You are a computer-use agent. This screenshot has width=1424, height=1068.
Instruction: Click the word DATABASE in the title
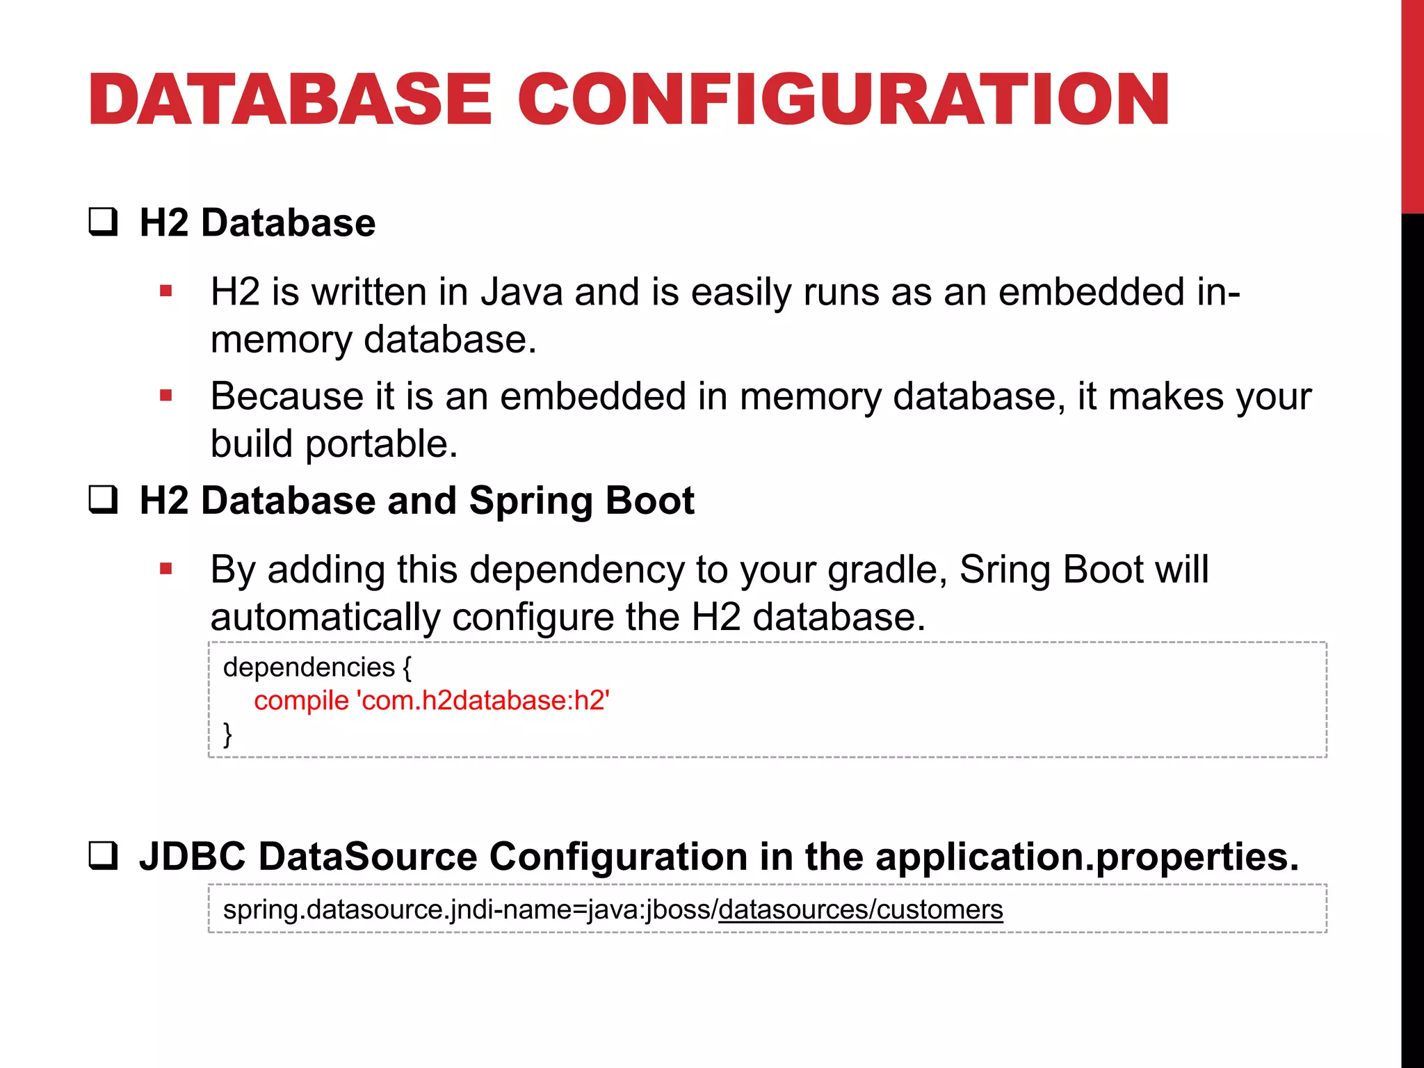pyautogui.click(x=290, y=100)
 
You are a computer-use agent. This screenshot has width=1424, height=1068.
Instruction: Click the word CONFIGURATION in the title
pyautogui.click(x=843, y=100)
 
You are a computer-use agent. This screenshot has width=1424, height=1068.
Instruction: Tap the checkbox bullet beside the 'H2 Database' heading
pyautogui.click(x=103, y=222)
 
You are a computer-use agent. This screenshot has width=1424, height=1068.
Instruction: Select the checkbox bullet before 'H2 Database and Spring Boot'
pyautogui.click(x=103, y=500)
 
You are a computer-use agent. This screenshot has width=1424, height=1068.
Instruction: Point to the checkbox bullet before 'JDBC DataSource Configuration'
pyautogui.click(x=103, y=856)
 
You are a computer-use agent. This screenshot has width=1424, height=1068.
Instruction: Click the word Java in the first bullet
pyautogui.click(x=521, y=291)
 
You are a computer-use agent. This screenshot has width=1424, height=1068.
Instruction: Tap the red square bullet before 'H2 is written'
pyautogui.click(x=165, y=291)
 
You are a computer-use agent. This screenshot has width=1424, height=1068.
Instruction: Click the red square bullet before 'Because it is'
pyautogui.click(x=165, y=396)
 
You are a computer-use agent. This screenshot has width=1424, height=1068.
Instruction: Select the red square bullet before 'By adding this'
pyautogui.click(x=165, y=569)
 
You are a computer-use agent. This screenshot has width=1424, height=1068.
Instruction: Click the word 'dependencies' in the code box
pyautogui.click(x=309, y=667)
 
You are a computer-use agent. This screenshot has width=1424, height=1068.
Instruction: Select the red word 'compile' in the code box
pyautogui.click(x=301, y=701)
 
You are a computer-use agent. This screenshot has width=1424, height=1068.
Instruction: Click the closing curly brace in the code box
pyautogui.click(x=227, y=734)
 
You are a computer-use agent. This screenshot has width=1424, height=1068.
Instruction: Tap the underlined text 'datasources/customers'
pyautogui.click(x=860, y=909)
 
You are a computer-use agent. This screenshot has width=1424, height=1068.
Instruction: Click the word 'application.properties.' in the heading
pyautogui.click(x=1087, y=857)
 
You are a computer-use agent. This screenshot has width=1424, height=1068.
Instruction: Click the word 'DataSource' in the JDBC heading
pyautogui.click(x=367, y=857)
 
